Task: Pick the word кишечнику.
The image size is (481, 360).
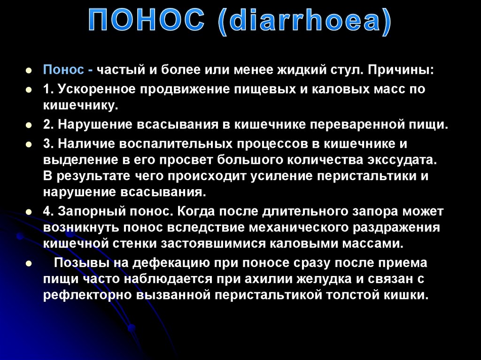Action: pos(79,106)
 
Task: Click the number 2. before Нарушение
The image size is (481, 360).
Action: pos(49,125)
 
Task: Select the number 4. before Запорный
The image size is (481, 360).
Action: pos(49,211)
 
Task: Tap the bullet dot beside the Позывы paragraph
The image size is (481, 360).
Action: pos(29,263)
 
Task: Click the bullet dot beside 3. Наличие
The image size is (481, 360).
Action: pos(29,144)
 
